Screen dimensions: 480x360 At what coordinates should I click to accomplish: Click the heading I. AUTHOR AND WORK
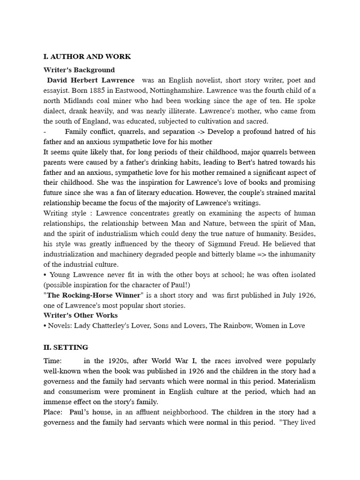tap(87, 57)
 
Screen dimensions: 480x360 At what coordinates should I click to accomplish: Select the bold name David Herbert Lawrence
tap(91, 80)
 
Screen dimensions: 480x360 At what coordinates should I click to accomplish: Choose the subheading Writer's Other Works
tap(81, 315)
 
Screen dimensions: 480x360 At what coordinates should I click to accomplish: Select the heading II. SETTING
tap(66, 347)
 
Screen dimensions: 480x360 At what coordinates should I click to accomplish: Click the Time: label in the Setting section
tap(52, 361)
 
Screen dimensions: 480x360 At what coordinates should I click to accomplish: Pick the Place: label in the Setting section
tap(53, 412)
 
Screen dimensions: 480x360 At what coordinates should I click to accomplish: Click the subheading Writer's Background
tap(79, 70)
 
